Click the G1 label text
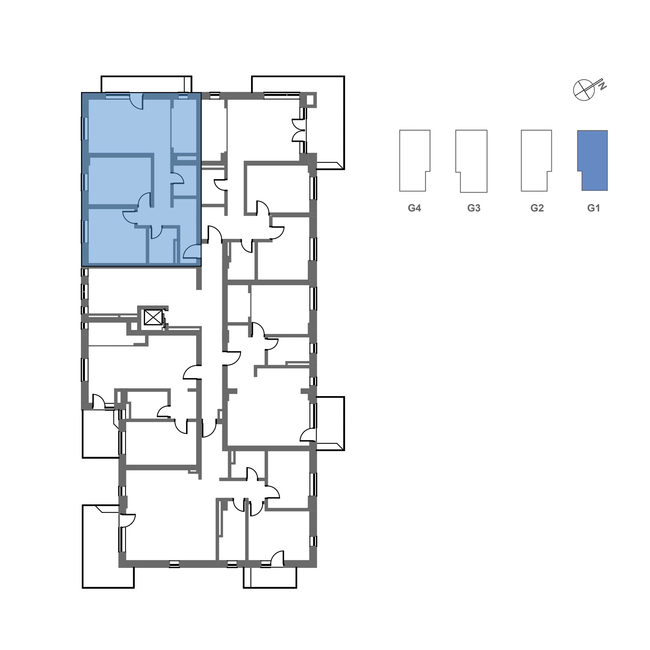coord(594,208)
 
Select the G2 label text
coord(537,208)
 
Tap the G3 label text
coord(474,208)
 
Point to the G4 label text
coord(415,208)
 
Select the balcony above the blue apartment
coord(146,84)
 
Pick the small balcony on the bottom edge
coord(270,577)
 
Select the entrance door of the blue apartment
coord(193,252)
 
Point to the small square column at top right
coord(309,99)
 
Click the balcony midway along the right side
coord(330,423)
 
